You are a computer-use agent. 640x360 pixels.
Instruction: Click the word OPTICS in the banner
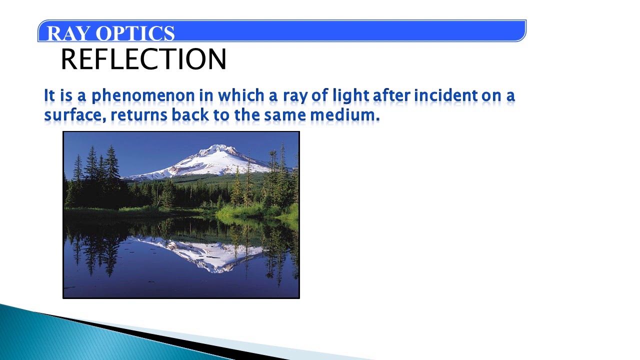135,33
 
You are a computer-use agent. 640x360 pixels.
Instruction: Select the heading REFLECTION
143,59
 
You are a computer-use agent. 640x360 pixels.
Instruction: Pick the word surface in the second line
73,115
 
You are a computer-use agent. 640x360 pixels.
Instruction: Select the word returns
139,115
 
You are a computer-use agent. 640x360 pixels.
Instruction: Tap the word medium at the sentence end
344,115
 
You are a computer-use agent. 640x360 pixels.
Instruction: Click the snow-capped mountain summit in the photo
218,150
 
